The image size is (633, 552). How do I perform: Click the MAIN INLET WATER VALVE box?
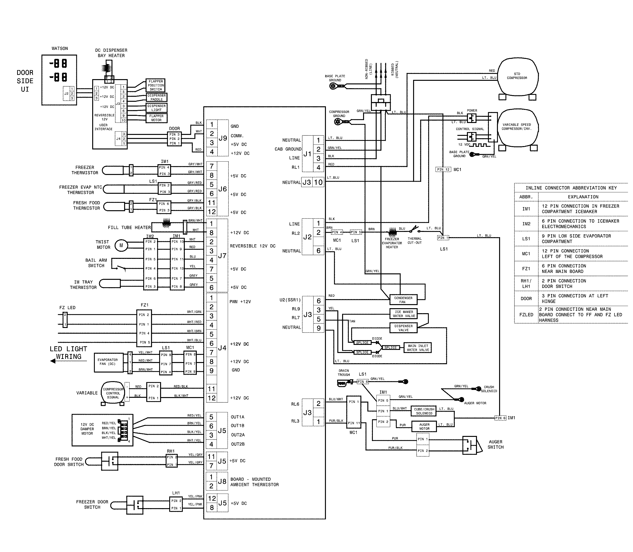click(417, 348)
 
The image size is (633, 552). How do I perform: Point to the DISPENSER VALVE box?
click(403, 328)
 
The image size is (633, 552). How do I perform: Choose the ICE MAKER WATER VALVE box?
click(403, 314)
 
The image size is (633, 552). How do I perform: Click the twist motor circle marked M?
click(121, 245)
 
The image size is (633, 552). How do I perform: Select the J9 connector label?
click(223, 138)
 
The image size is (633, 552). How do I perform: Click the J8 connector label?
click(222, 481)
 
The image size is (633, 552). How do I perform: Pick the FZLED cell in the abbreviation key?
click(526, 315)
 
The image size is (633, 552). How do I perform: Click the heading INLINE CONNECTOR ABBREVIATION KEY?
click(571, 188)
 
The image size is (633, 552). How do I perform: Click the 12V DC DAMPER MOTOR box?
click(102, 430)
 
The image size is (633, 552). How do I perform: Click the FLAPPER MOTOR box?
click(156, 118)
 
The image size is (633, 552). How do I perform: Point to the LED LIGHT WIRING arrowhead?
click(53, 361)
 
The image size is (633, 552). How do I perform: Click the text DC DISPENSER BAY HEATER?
click(111, 53)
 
